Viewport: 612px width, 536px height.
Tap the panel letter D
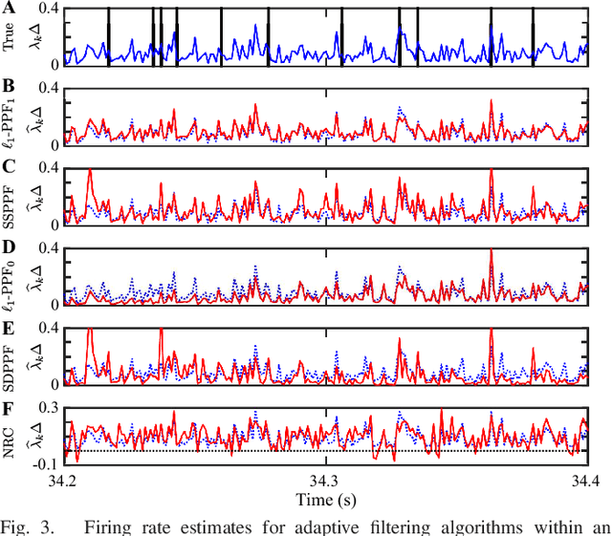(x=9, y=247)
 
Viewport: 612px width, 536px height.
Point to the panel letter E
(x=9, y=327)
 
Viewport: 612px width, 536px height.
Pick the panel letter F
(x=9, y=406)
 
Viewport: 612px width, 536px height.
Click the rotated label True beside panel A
(x=10, y=39)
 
